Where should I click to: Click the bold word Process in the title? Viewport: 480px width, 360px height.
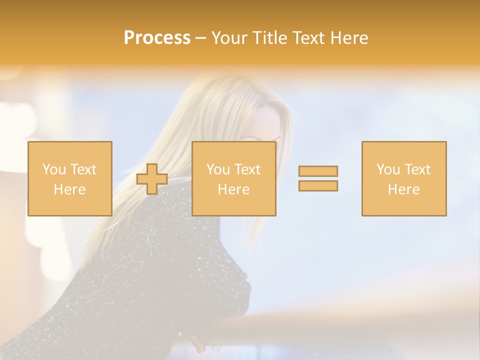157,38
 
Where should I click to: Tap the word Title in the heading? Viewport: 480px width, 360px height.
268,38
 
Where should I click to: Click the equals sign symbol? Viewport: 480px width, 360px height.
318,178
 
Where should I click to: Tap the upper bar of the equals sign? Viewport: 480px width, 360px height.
318,171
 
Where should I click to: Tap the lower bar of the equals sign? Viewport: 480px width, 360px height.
318,185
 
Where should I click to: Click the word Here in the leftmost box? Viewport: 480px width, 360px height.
70,189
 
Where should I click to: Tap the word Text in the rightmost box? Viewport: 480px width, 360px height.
417,169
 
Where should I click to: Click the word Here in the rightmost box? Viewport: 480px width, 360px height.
404,189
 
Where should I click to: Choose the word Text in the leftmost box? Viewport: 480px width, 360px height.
83,169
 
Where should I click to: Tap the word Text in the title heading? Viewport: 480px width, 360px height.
308,38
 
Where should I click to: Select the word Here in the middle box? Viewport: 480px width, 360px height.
234,189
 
